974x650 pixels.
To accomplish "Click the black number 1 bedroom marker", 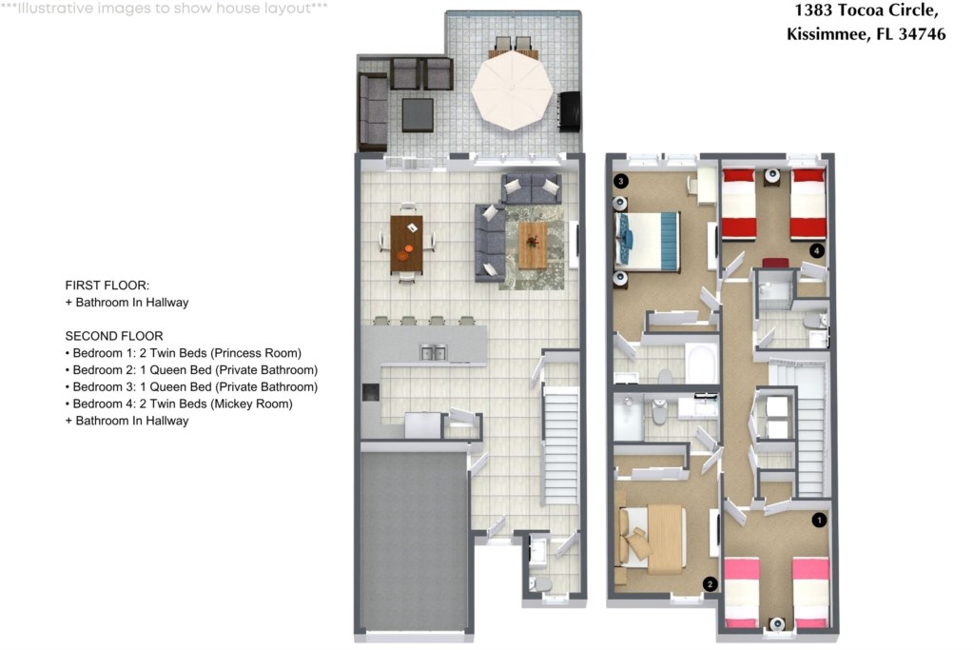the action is point(819,520).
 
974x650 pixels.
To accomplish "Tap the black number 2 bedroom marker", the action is point(710,584).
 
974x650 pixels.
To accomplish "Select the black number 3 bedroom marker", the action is point(620,181).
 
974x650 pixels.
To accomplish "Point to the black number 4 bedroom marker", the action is point(817,250).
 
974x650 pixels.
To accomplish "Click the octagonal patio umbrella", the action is point(512,90).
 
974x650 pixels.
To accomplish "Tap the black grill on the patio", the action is point(570,112).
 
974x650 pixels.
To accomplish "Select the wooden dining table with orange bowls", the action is point(407,244).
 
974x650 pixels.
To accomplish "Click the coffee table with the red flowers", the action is point(533,246).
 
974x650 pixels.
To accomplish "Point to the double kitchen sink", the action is point(434,353).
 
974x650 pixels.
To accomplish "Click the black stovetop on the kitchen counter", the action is point(371,392).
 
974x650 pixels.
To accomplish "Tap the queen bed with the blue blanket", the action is point(647,241).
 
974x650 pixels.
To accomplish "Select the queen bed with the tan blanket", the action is point(653,538).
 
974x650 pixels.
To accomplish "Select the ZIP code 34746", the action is point(922,33).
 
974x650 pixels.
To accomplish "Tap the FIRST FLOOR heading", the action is point(107,286).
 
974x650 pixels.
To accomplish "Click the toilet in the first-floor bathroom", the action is point(540,584).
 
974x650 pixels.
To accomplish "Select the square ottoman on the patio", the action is point(418,115).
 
